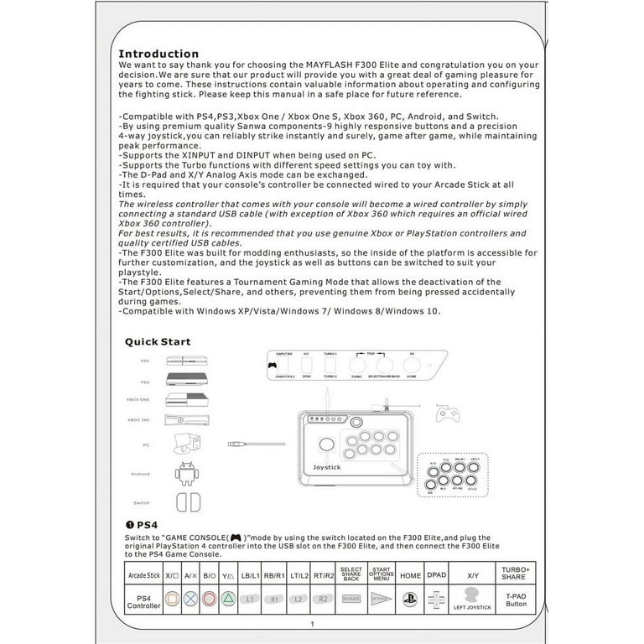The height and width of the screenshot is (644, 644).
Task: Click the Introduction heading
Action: (158, 54)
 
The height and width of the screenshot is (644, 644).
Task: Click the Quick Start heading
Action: (158, 341)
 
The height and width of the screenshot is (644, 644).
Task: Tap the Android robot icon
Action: (184, 475)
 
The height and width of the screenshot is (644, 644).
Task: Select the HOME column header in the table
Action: (411, 575)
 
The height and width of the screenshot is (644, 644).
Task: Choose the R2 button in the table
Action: (322, 600)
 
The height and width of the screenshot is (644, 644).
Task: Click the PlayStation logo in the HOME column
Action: (411, 600)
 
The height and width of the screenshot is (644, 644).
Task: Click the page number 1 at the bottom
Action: (312, 625)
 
